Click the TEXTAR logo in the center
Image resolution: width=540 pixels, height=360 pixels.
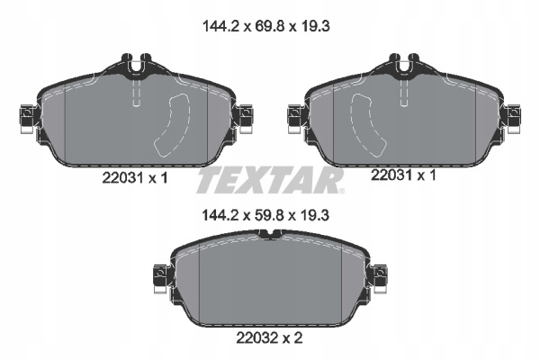coord(269,181)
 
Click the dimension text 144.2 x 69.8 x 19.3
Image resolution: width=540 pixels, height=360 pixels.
coord(266,26)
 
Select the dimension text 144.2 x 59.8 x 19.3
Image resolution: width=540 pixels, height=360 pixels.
coord(265,216)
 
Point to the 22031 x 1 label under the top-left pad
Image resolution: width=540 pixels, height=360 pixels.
coord(135,178)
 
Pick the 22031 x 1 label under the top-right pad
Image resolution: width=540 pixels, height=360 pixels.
coord(403,175)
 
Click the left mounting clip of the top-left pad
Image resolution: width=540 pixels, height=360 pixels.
coord(27,118)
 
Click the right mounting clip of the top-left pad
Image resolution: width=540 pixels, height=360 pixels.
coord(244,118)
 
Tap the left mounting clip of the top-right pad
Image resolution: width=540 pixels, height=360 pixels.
coord(295,118)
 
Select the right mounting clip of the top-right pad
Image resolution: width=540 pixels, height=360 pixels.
coord(512,118)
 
